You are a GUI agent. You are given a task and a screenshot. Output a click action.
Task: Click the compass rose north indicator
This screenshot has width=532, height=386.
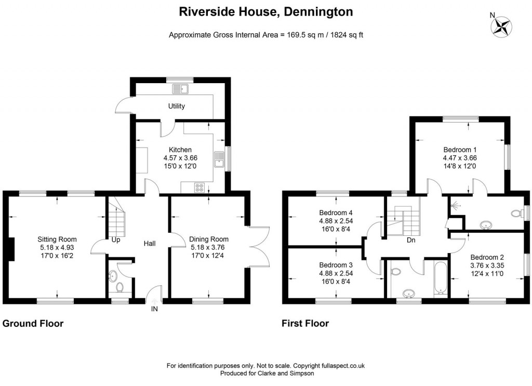pos(502,26)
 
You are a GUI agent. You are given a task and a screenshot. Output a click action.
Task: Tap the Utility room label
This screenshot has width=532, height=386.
pos(177,106)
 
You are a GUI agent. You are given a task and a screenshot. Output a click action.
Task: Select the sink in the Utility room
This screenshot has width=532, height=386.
pos(180,89)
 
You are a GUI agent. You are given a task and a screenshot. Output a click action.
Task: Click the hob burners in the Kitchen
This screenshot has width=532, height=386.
pos(199,188)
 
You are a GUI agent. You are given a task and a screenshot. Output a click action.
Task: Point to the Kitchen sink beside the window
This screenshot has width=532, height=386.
pos(219,160)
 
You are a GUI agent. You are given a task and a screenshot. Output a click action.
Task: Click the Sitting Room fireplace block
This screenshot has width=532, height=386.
pos(11,249)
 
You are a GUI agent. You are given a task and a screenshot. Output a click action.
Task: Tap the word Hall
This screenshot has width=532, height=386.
pos(150,243)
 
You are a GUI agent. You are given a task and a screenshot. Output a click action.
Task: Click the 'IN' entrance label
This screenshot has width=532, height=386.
pos(154,309)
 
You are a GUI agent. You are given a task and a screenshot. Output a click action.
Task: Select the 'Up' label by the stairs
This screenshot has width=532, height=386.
pos(116,240)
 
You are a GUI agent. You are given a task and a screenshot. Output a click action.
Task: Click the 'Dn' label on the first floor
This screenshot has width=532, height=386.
pos(411,240)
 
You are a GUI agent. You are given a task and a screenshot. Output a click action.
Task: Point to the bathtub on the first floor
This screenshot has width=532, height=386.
pos(441,277)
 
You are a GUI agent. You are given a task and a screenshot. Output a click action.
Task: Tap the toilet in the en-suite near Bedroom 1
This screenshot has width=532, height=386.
pos(517,214)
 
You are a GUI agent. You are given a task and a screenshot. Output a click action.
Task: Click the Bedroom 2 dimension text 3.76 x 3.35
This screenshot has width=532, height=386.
pos(487,265)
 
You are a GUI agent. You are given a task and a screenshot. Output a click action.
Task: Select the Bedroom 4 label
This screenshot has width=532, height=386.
pos(336,212)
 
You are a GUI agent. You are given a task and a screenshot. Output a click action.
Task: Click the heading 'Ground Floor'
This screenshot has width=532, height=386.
pos(33,323)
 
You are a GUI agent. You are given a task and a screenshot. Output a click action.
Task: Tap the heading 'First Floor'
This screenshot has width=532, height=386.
pos(305,323)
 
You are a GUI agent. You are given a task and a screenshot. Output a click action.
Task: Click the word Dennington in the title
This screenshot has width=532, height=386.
pos(318,12)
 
